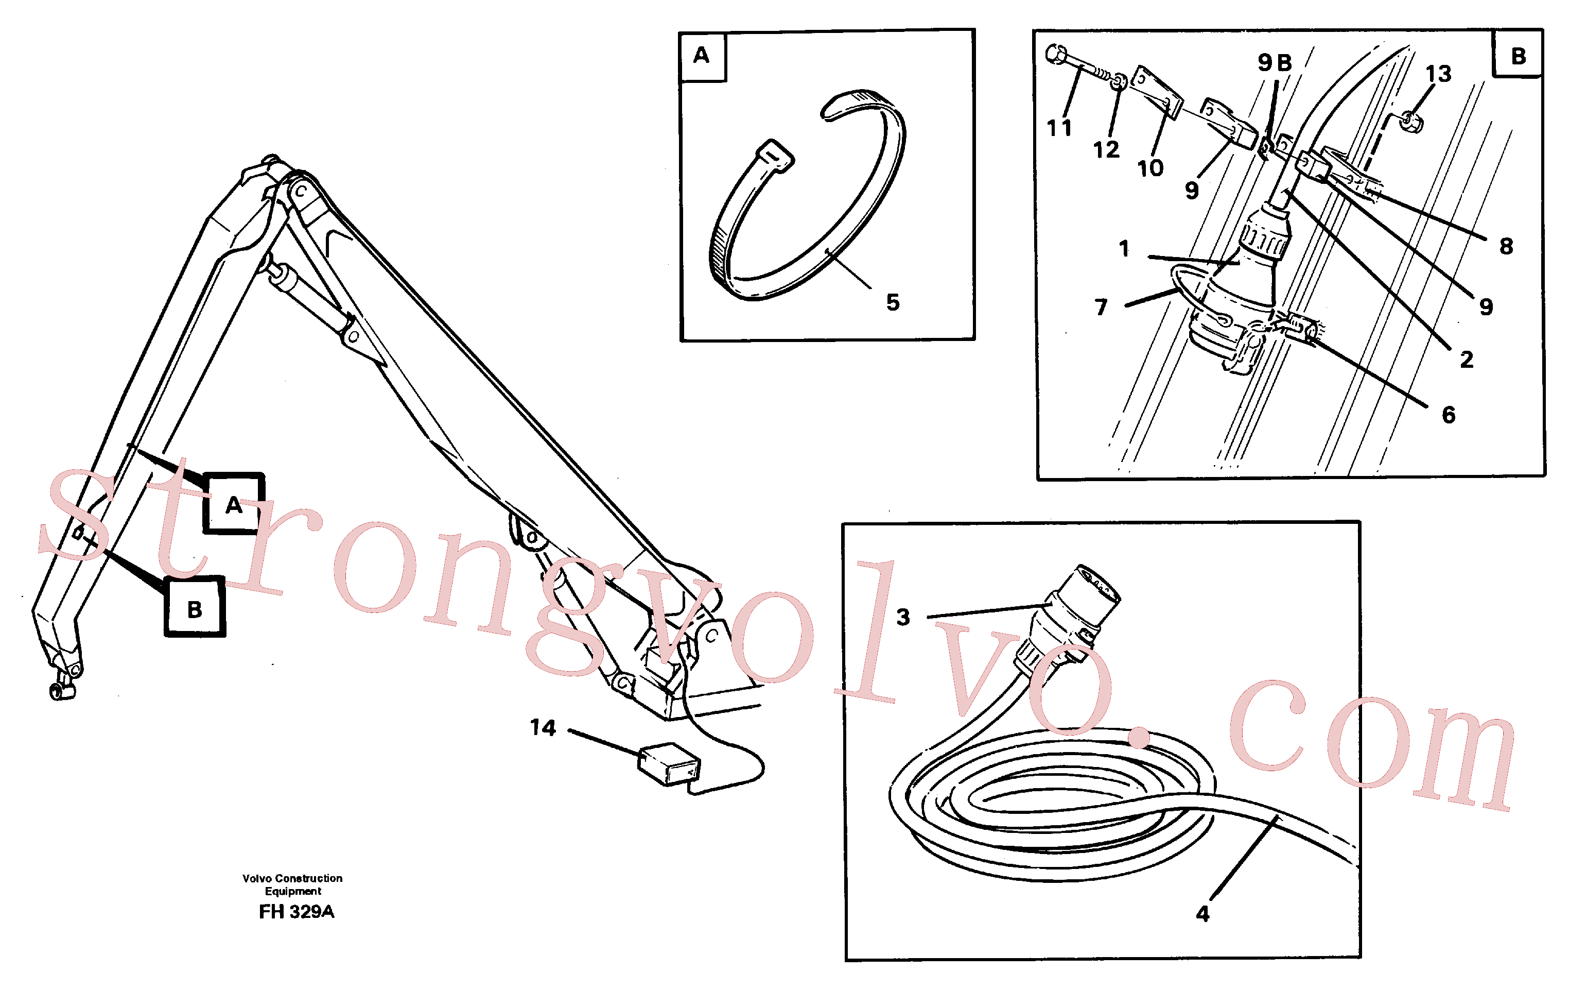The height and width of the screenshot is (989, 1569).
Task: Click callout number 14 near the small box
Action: point(543,727)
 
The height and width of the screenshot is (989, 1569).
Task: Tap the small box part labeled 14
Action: point(669,763)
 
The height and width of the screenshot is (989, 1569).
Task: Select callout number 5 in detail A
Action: point(893,302)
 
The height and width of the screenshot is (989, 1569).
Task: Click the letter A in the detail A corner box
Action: point(701,55)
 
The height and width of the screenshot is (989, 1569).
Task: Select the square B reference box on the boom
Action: point(195,607)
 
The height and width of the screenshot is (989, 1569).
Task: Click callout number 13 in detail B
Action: point(1438,74)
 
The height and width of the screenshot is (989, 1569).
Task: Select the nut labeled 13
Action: point(1410,121)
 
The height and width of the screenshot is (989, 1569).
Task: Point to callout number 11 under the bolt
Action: point(1059,128)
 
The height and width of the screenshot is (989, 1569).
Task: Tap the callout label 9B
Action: point(1275,63)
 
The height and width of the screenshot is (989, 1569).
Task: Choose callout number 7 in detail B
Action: point(1101,307)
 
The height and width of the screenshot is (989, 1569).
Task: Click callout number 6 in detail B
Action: point(1449,415)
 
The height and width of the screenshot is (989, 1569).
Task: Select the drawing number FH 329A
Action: point(297,911)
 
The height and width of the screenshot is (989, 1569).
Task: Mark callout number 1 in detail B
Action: point(1124,248)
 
